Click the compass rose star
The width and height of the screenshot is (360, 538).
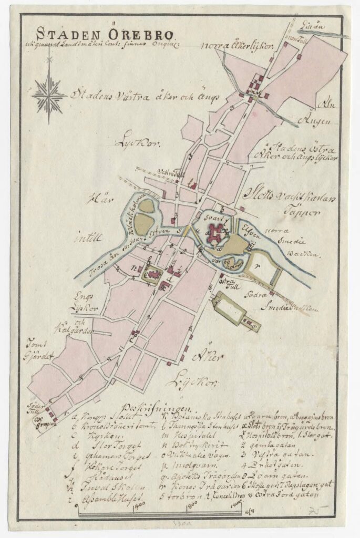[x=49, y=95]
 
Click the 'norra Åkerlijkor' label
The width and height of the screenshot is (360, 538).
[x=237, y=46]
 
